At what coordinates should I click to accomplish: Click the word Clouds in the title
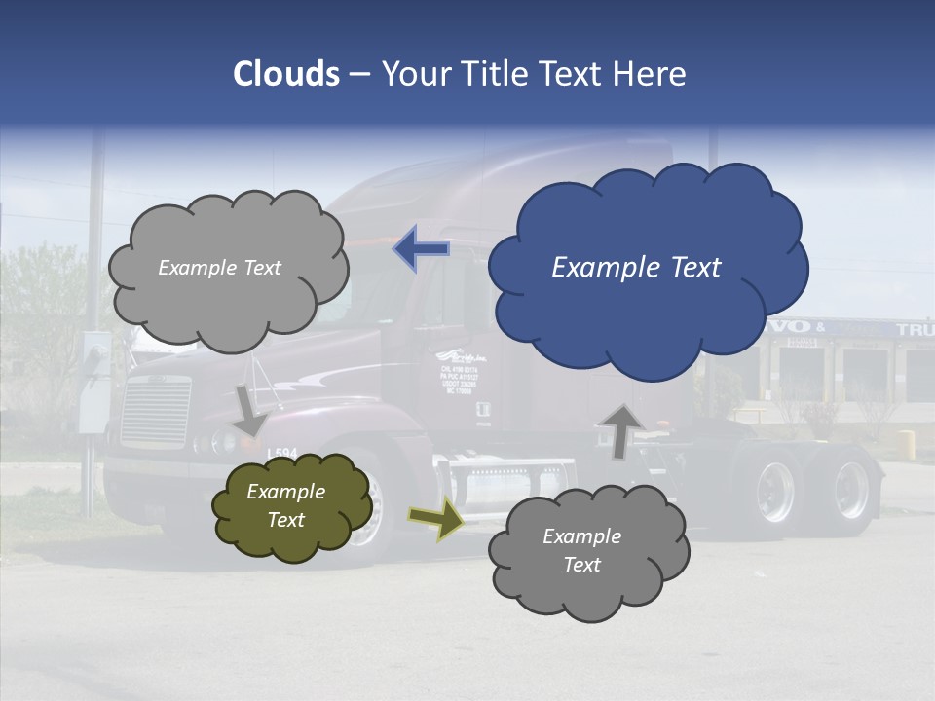(286, 74)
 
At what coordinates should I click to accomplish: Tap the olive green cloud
(291, 506)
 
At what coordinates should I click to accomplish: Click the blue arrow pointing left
(421, 249)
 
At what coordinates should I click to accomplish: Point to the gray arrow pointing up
(620, 429)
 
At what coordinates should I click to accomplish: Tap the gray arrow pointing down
(249, 410)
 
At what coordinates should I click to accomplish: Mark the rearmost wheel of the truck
(848, 490)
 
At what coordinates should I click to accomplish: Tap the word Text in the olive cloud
(286, 520)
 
